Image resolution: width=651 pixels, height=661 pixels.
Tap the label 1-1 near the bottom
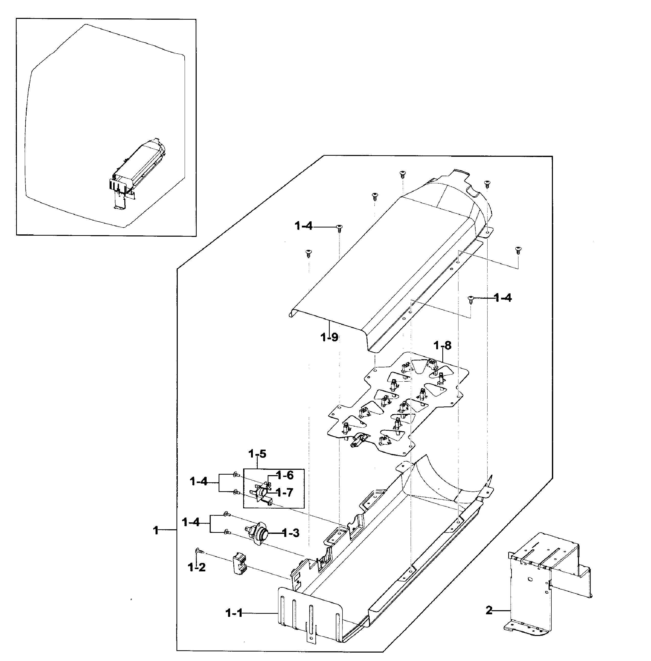(x=234, y=614)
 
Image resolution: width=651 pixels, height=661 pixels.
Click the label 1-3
(x=291, y=533)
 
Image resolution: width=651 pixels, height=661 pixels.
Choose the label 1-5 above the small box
(x=257, y=454)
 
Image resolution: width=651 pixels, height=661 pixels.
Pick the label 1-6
(x=285, y=475)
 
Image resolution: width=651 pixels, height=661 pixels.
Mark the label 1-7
(x=285, y=492)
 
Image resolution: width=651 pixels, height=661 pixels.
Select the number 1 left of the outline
(x=156, y=531)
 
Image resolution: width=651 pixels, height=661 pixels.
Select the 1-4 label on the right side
(x=503, y=298)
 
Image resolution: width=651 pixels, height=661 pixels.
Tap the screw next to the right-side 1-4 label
(x=471, y=299)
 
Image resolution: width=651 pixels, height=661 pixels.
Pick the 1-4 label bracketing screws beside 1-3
(x=191, y=522)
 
